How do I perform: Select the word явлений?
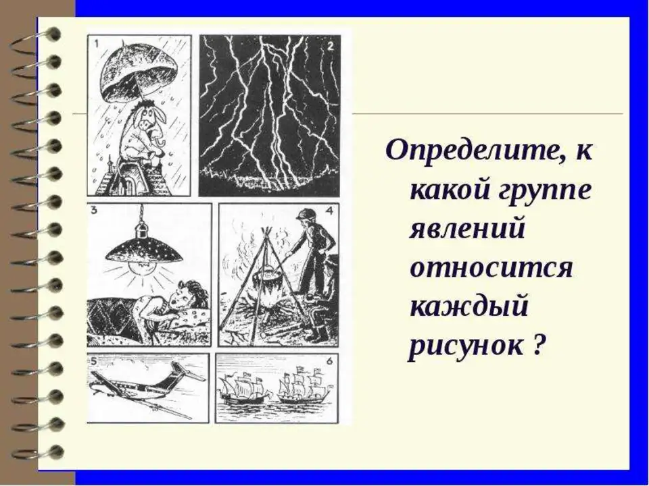click(467, 229)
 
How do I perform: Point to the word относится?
click(491, 267)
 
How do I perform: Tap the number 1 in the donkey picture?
click(97, 43)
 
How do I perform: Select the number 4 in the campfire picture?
click(329, 211)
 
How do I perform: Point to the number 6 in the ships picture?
click(329, 361)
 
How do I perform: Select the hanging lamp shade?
click(143, 250)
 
